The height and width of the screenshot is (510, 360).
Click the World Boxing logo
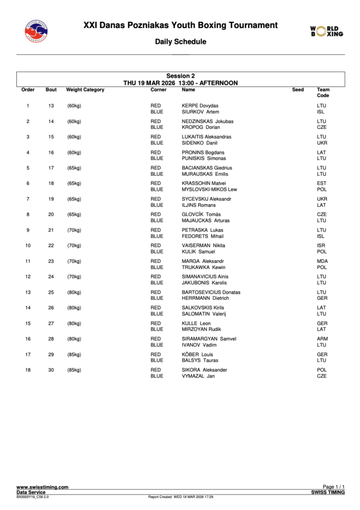327,31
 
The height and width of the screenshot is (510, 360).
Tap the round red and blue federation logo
36,31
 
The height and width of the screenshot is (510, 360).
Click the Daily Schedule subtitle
180,42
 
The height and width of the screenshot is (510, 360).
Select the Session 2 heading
180,76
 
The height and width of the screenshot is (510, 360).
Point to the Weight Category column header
85,90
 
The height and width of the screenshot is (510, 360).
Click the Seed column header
298,90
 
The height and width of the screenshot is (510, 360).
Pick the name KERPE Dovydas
200,106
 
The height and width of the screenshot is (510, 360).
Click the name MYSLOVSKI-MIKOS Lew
209,189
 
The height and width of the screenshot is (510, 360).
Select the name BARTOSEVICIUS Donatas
211,292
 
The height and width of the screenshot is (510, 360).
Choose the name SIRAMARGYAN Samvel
209,339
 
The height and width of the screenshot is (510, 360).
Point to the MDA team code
322,261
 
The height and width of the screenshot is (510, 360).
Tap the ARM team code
322,339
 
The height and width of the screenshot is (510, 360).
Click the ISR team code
322,246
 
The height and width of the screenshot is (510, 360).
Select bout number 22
51,246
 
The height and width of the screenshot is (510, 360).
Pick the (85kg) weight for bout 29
74,355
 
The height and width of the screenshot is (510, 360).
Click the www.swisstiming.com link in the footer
42,487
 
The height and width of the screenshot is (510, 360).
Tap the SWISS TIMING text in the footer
328,492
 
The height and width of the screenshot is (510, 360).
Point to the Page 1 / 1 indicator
334,487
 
